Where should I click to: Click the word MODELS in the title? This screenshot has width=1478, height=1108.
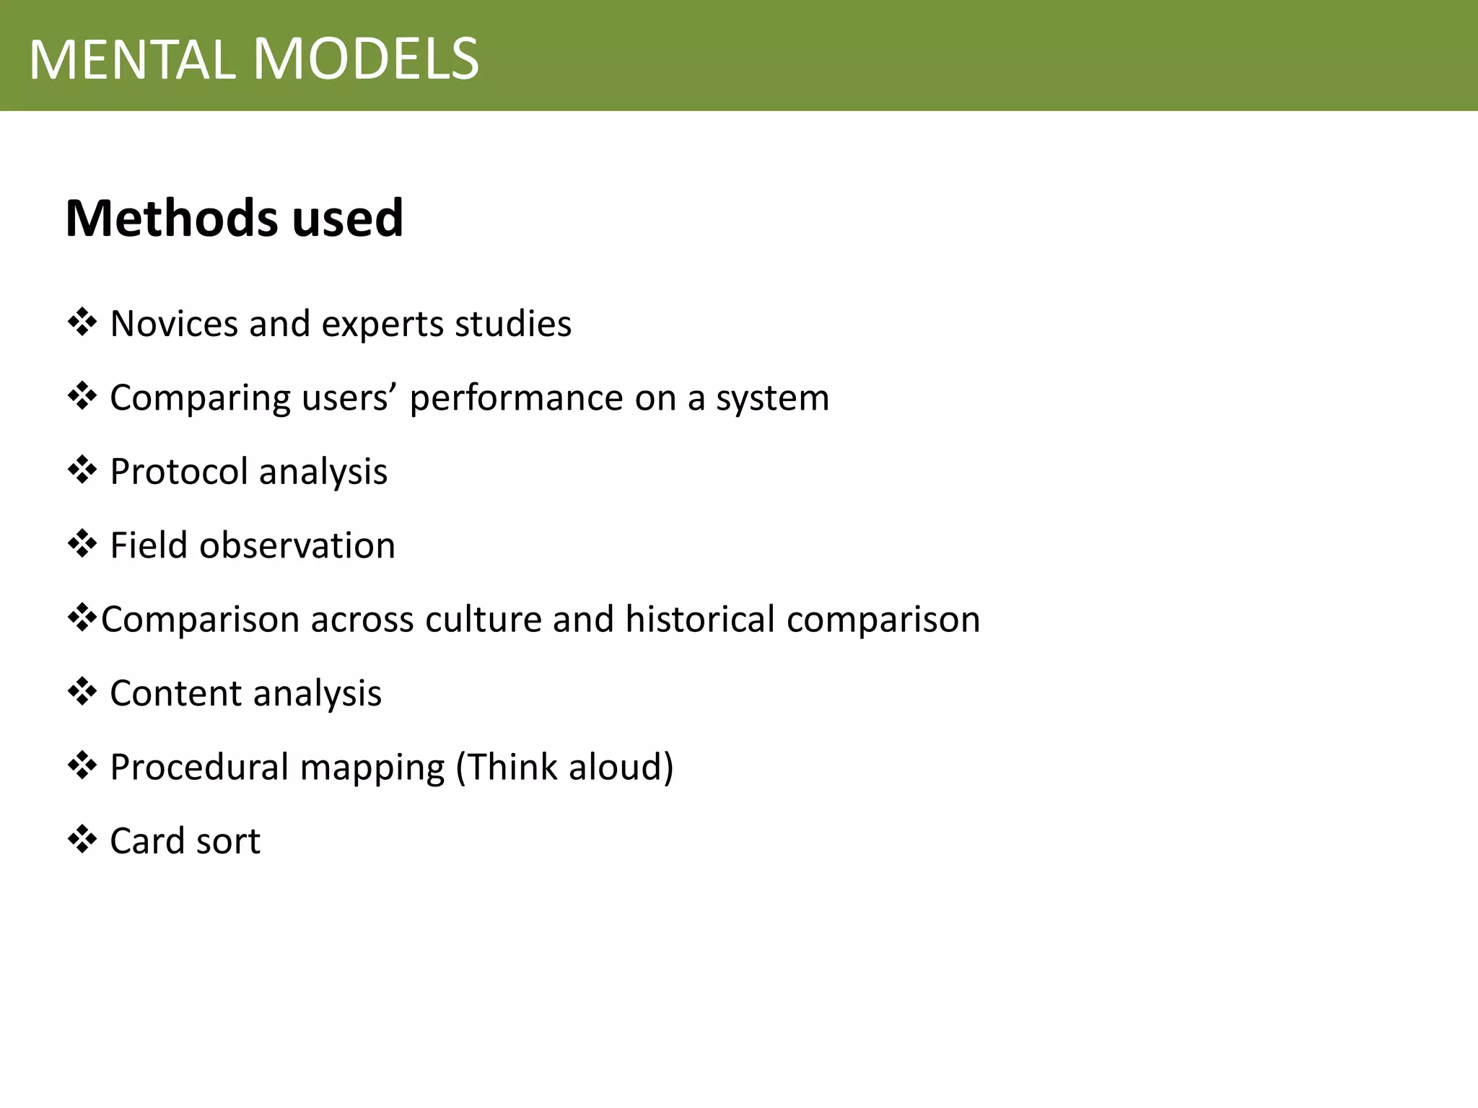point(366,59)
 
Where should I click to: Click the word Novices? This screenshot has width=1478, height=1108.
point(174,323)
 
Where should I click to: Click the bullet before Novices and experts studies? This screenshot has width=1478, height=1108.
point(82,322)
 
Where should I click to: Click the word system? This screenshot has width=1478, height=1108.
point(772,398)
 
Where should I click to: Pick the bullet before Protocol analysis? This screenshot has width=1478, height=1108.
point(82,470)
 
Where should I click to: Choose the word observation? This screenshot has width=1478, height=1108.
point(297,545)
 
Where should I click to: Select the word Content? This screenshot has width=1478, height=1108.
point(175,693)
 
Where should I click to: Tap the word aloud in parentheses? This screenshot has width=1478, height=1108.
point(621,767)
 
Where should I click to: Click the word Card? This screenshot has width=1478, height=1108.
point(148,841)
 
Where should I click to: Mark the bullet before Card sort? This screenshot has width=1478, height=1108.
point(82,840)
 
